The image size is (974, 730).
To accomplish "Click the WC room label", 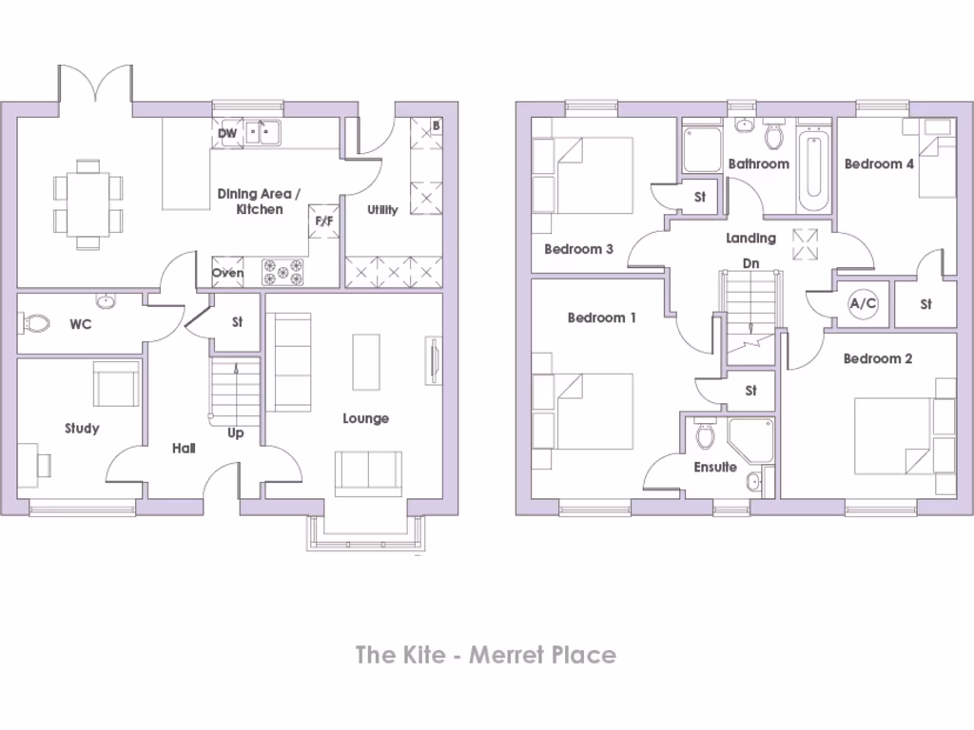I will (x=80, y=324).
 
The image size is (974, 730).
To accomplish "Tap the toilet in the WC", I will (x=36, y=324).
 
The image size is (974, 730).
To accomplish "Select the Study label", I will (x=82, y=428).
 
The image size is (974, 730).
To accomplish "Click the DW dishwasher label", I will (x=226, y=133).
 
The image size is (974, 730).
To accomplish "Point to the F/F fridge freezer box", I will (x=324, y=221).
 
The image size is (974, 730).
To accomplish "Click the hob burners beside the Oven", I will (x=282, y=273).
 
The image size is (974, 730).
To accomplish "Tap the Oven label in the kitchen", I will (x=227, y=273).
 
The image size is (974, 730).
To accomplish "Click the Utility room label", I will (x=382, y=209).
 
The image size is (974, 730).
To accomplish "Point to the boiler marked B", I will (x=436, y=125).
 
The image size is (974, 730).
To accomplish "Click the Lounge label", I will (x=365, y=418).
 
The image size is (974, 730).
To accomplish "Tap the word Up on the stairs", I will (x=236, y=433).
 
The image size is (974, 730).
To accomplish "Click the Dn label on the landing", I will (x=750, y=263).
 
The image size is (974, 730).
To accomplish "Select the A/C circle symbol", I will (x=863, y=304).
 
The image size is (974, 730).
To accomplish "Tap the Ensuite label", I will (x=714, y=467).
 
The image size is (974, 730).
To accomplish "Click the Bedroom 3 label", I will (x=578, y=249).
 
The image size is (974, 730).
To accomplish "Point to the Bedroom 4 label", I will (x=879, y=163).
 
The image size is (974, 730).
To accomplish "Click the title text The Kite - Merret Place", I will (x=486, y=654).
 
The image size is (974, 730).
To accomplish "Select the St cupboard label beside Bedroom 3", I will (x=700, y=197).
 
